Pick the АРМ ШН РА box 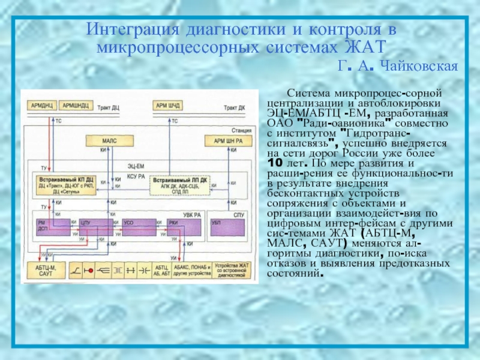point(224,140)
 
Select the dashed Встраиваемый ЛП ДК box point(178,183)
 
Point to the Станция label point(242,128)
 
